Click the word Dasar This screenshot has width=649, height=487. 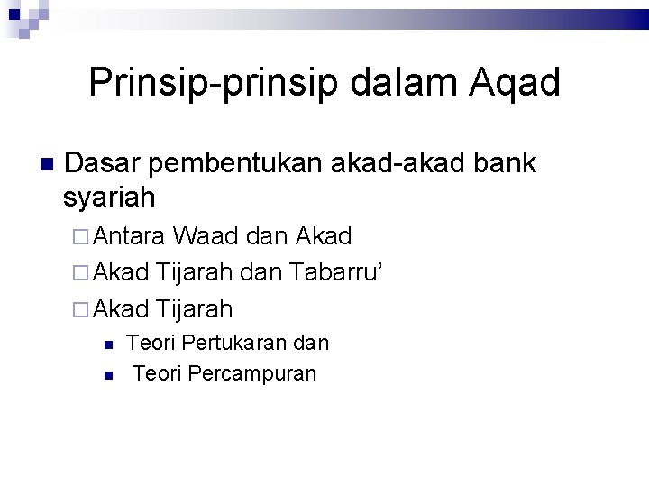pyautogui.click(x=105, y=163)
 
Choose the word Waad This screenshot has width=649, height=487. pyautogui.click(x=206, y=237)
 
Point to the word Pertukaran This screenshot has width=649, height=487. pyautogui.click(x=232, y=344)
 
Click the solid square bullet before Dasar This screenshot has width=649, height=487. pyautogui.click(x=48, y=165)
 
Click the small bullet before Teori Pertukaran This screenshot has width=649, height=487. pyautogui.click(x=107, y=345)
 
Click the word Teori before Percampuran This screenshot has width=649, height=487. pyautogui.click(x=156, y=373)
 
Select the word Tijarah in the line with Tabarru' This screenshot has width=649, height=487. pyautogui.click(x=195, y=273)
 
